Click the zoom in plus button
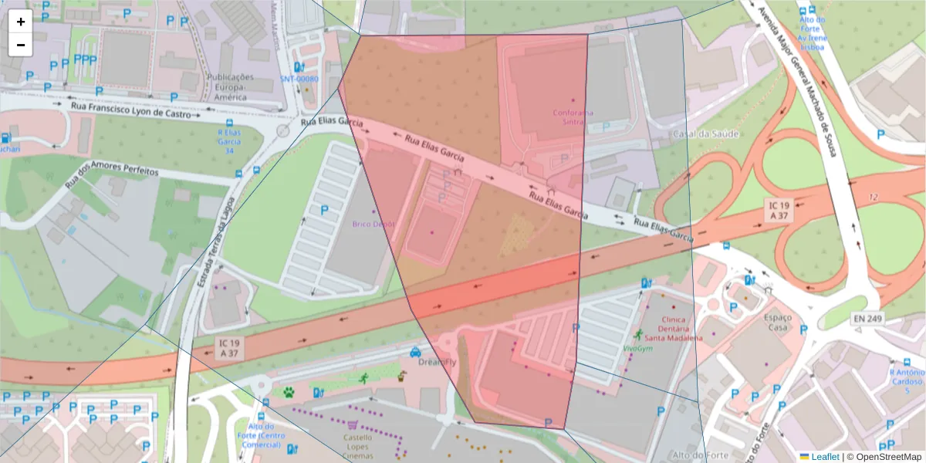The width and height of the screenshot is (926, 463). [x=21, y=22]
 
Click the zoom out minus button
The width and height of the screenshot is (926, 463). [x=21, y=45]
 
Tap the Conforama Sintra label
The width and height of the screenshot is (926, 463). [x=573, y=117]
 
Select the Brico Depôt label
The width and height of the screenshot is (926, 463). [x=373, y=224]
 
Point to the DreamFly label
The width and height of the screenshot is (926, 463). [x=433, y=361]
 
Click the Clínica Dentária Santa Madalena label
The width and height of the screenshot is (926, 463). [x=673, y=328]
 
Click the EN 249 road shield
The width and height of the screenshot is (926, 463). [x=868, y=318]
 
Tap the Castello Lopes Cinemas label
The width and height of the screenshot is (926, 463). [x=357, y=447]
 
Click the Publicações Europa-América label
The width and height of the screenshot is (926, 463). [x=230, y=86]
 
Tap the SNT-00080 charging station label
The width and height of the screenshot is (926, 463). [x=299, y=79]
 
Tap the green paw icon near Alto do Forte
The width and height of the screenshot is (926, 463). [x=289, y=392]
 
